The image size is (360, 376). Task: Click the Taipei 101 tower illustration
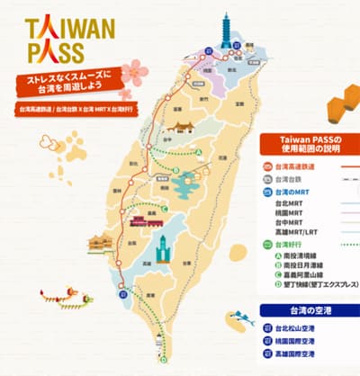point(224,31)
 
